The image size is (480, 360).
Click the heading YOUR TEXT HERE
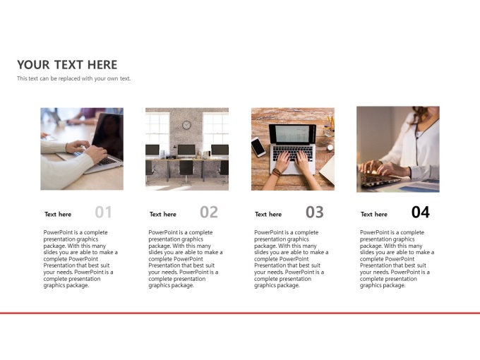67,65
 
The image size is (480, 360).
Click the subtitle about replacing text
74,78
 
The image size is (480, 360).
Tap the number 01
103,212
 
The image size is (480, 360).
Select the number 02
209,212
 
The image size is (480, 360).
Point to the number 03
314,212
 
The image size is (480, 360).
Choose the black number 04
420,212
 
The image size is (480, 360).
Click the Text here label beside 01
58,215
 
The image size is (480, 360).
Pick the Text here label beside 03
268,215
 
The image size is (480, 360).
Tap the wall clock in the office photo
186,125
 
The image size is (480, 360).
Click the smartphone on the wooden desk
258,147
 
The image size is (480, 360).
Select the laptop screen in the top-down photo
292,134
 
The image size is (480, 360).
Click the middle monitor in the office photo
186,150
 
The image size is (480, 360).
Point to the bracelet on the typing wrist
277,172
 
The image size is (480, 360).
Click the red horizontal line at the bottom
240,313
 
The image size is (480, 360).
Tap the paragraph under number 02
186,259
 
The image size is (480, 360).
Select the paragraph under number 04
397,259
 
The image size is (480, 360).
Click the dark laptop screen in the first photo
109,136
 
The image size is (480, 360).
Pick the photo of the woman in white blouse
398,150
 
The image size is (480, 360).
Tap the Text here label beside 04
374,215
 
